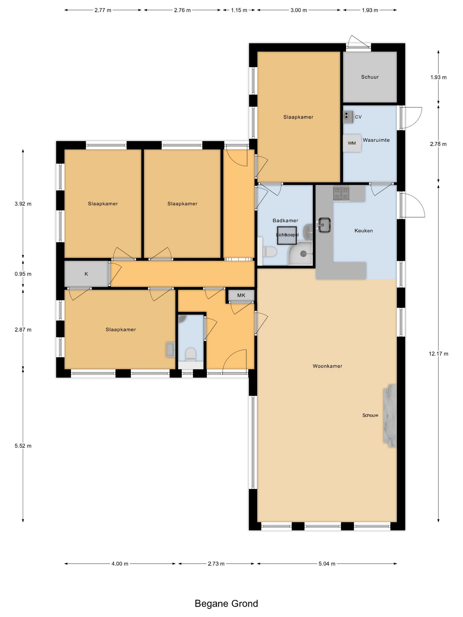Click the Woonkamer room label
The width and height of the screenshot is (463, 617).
[327, 366]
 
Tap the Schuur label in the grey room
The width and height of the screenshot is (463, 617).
[370, 77]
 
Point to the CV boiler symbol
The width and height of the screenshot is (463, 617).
[348, 117]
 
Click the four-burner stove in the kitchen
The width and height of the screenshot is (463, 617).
[341, 193]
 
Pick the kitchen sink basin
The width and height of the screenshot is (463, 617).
[324, 225]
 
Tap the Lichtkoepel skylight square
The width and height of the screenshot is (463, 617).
[287, 235]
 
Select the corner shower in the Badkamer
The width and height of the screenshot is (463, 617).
[300, 253]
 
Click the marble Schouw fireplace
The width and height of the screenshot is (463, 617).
[389, 415]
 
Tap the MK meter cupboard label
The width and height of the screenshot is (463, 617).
[241, 295]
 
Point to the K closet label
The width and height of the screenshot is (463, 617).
[86, 274]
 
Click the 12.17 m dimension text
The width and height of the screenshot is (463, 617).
[438, 354]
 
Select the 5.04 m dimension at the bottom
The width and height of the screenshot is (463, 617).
[327, 564]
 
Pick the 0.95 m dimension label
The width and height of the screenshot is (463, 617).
[23, 274]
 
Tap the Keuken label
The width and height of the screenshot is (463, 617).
[364, 231]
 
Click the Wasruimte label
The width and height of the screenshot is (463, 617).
[376, 140]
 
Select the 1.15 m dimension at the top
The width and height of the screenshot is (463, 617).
[239, 10]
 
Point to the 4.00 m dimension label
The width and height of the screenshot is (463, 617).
[120, 564]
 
